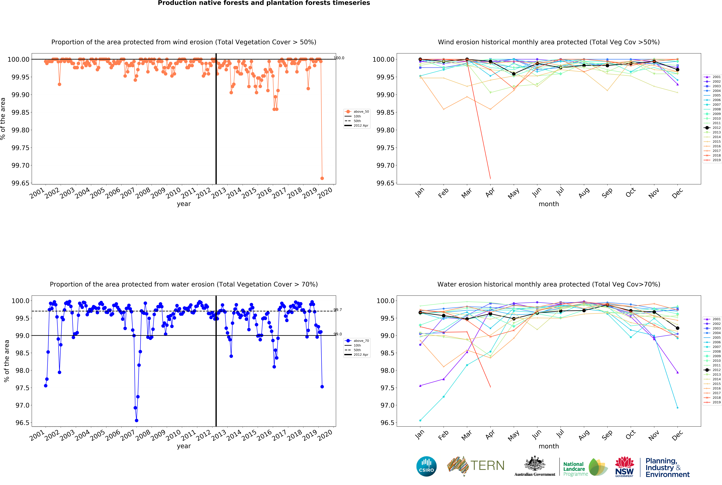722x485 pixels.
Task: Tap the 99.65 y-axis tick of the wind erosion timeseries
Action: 20,183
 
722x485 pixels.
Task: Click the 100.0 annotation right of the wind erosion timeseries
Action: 339,58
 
